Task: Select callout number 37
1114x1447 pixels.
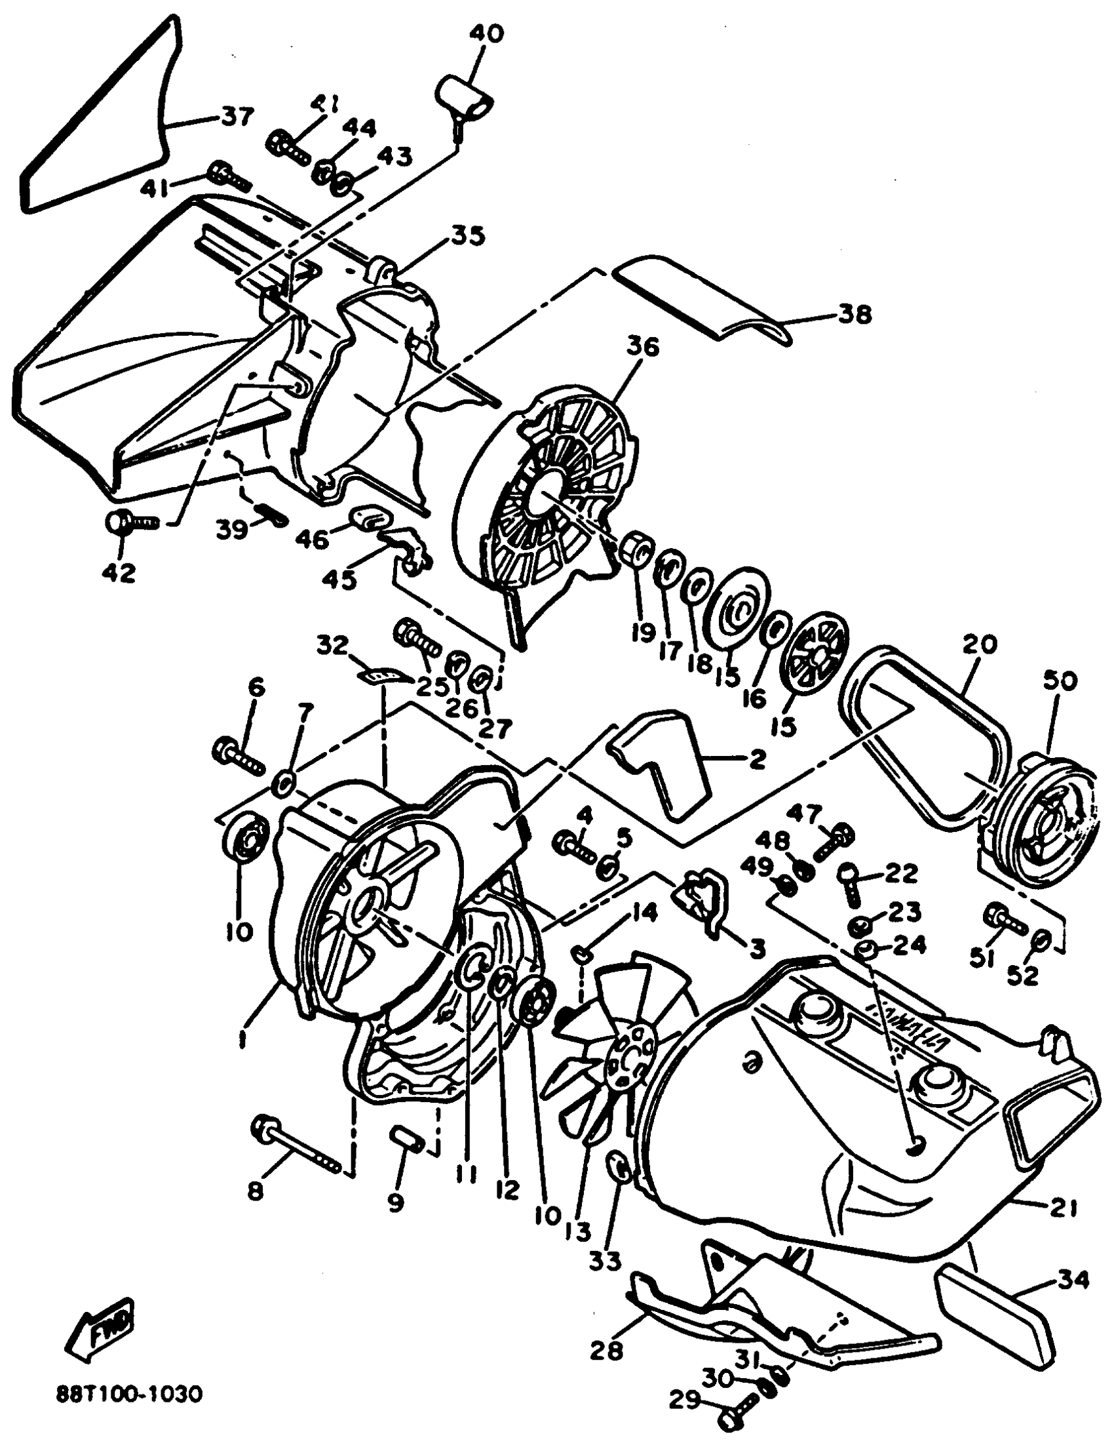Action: pyautogui.click(x=237, y=117)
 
